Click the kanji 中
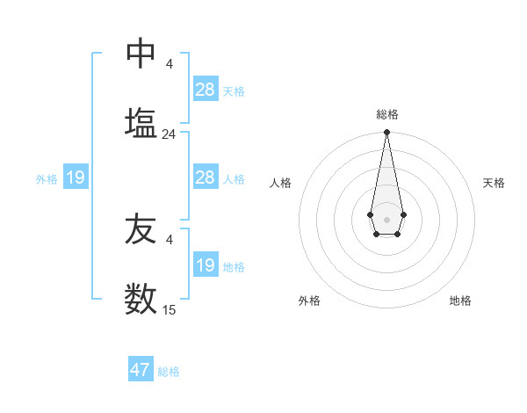[x=141, y=54]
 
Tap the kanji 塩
[x=141, y=123]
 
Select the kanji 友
[x=141, y=230]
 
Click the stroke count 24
[x=169, y=134]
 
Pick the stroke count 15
[x=169, y=309]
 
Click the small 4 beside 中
[x=169, y=64]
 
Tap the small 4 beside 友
[x=169, y=239]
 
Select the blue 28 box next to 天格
[x=206, y=90]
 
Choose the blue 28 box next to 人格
[x=206, y=178]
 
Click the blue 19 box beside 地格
[x=206, y=265]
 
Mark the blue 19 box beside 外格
[x=76, y=178]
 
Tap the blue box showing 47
[x=141, y=370]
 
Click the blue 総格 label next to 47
[x=169, y=372]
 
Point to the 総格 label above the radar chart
[x=387, y=114]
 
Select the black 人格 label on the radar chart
[x=281, y=183]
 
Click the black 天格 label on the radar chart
[x=494, y=183]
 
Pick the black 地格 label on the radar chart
[x=460, y=301]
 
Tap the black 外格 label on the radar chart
[x=309, y=301]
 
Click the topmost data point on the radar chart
[x=386, y=133]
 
